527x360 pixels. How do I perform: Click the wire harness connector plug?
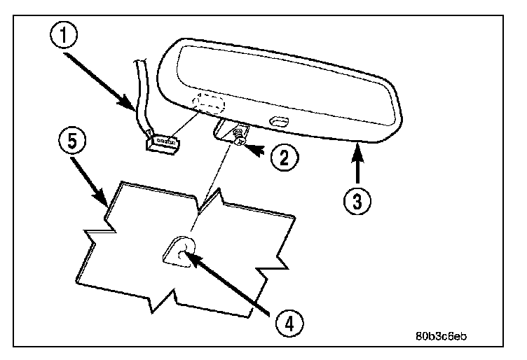tap(162, 144)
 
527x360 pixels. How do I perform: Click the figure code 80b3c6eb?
tap(440, 335)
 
